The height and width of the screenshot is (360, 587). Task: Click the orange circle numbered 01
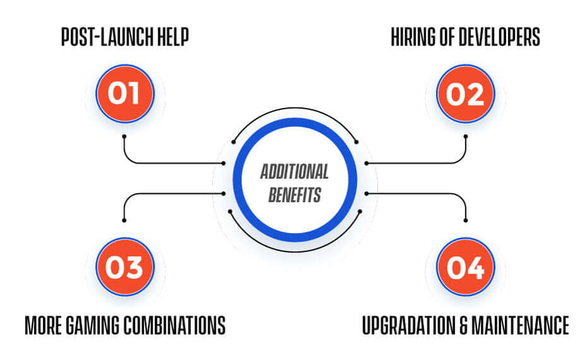click(125, 93)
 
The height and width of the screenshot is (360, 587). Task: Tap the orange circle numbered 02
click(465, 93)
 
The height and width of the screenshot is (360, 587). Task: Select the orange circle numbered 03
click(125, 267)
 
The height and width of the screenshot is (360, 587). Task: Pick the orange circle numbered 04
click(465, 267)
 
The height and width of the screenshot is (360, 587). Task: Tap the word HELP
click(173, 37)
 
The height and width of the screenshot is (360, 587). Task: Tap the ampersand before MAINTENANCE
click(463, 325)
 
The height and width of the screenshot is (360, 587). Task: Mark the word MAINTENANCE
click(520, 325)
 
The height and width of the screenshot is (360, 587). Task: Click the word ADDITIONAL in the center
click(295, 172)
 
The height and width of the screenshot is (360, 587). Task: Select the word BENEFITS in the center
click(295, 195)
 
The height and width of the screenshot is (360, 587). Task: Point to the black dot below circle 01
click(124, 136)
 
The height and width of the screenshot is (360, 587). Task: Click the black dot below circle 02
click(465, 136)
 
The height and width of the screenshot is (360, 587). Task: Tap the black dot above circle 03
click(124, 220)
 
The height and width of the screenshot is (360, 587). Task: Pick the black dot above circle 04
click(465, 220)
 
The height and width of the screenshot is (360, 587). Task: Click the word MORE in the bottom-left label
click(43, 325)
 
